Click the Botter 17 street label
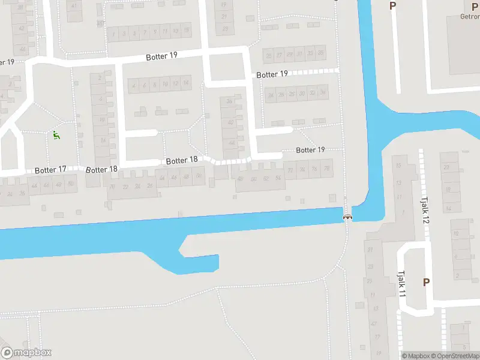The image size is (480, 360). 50,170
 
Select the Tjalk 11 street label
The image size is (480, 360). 401,283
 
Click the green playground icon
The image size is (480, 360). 56,136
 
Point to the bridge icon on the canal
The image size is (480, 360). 347,216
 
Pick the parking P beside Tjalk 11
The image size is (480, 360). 427,282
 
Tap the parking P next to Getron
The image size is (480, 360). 393,6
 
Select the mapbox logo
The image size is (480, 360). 26,352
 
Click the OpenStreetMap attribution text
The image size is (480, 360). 455,356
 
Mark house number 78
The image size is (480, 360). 327,169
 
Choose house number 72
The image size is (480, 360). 291,169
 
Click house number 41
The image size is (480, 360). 74,5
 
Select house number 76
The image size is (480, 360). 315,169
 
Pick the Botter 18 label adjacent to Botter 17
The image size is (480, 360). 101,169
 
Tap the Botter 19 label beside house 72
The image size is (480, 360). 310,150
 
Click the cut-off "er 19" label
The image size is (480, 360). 7,62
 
